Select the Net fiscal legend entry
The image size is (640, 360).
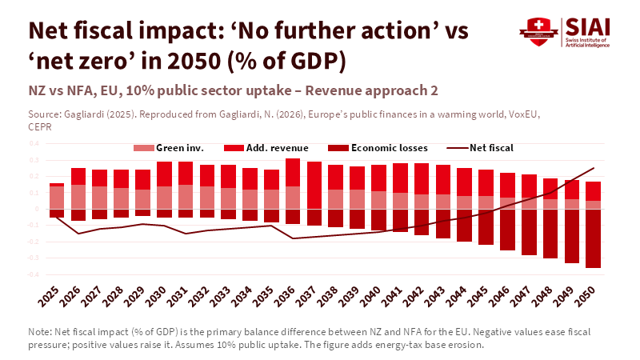tap(480, 148)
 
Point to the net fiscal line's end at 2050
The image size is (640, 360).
tap(593, 168)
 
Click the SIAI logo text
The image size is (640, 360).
tap(587, 26)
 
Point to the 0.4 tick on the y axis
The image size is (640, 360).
tap(34, 144)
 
